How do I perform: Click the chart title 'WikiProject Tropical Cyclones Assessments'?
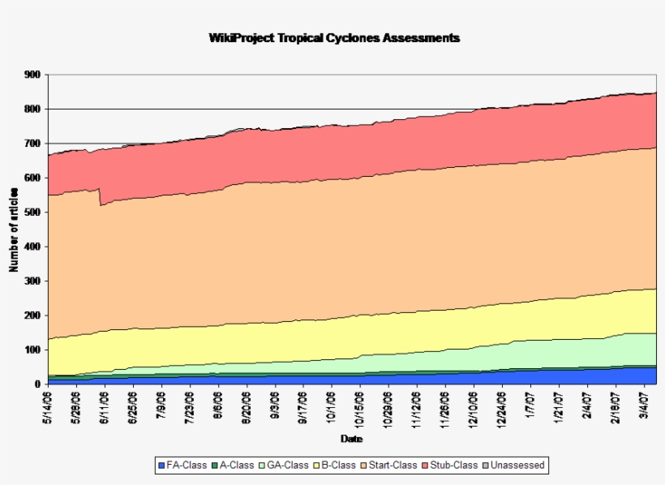pos(333,38)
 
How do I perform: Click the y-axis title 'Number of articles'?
pos(14,230)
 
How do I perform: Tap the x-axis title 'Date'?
pos(351,439)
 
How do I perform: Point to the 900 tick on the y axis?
pos(32,75)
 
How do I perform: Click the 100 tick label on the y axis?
pos(32,350)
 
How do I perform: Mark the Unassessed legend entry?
pos(513,466)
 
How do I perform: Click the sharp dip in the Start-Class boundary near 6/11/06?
pos(101,205)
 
